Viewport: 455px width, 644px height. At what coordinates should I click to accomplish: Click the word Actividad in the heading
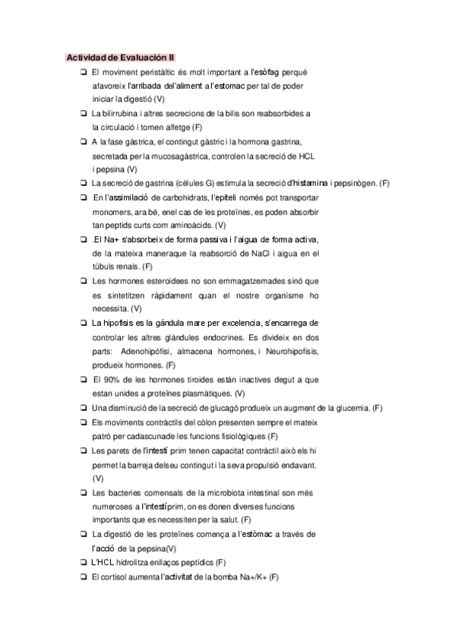coord(84,57)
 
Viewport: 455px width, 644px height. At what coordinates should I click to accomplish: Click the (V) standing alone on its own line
coord(97,478)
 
